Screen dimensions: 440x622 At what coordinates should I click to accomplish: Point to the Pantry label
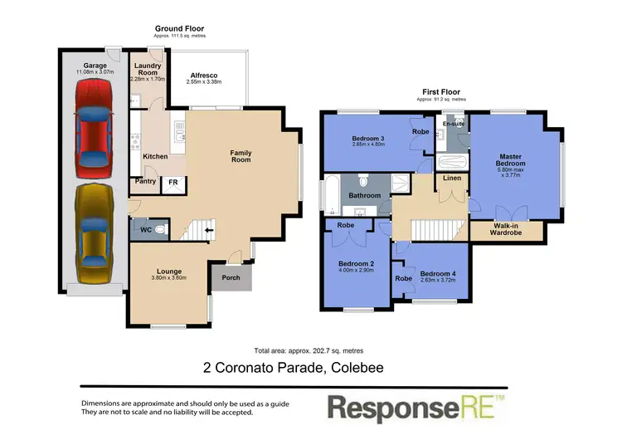point(144,182)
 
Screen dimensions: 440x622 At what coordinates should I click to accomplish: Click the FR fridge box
point(173,182)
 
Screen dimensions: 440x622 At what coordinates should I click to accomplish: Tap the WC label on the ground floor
point(145,228)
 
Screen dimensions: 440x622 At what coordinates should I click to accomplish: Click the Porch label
point(231,277)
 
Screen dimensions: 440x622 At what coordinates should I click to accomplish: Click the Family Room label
point(241,155)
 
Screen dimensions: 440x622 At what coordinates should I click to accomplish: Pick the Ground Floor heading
point(180,28)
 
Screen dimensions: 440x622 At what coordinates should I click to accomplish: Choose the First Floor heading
point(441,92)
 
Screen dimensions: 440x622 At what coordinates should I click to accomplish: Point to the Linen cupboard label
point(451,178)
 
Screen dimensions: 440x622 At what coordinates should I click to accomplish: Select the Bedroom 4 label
point(437,274)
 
